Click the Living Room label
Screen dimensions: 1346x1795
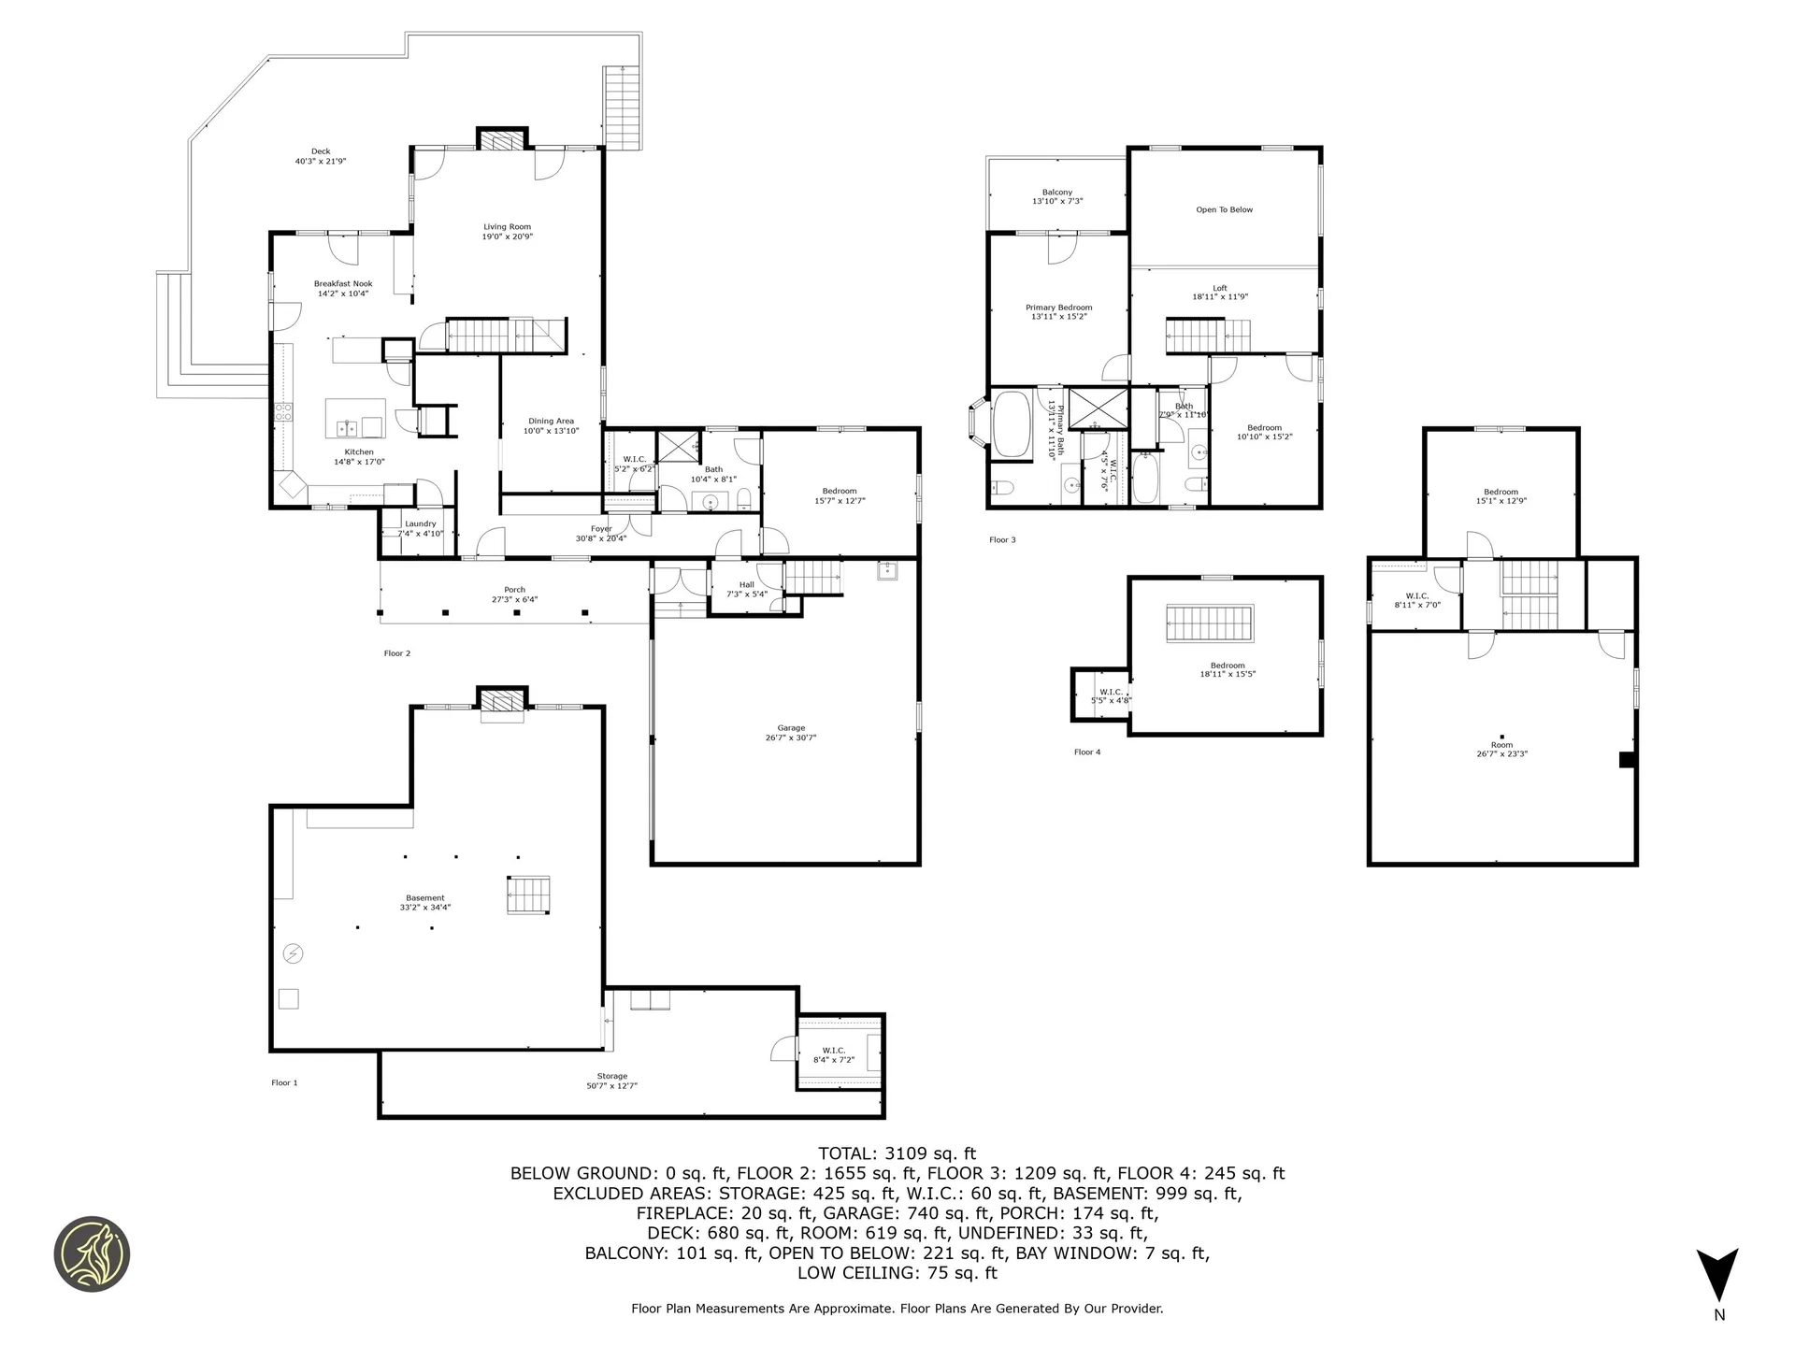pos(508,232)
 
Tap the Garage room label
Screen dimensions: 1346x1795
pos(791,733)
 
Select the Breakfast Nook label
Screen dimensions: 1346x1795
pos(343,288)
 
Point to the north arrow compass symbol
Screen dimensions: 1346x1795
pos(1717,1276)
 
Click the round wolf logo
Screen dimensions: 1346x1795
pos(92,1254)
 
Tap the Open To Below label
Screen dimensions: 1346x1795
pos(1224,210)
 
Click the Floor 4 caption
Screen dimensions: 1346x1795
pos(1087,752)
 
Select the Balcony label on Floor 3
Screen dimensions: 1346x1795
pos(1057,196)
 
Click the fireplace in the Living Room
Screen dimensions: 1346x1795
pos(503,140)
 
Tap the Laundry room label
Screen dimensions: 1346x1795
pos(420,528)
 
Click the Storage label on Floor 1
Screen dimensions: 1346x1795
pos(612,1081)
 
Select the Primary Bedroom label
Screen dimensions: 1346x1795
pos(1058,311)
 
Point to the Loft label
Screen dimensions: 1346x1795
pos(1220,292)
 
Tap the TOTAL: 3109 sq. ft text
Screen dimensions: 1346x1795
pos(897,1153)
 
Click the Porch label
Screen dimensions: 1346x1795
pos(514,594)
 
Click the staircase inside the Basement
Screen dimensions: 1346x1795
pos(529,895)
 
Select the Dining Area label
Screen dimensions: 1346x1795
pos(551,426)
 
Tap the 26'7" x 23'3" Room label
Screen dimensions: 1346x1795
pos(1501,749)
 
